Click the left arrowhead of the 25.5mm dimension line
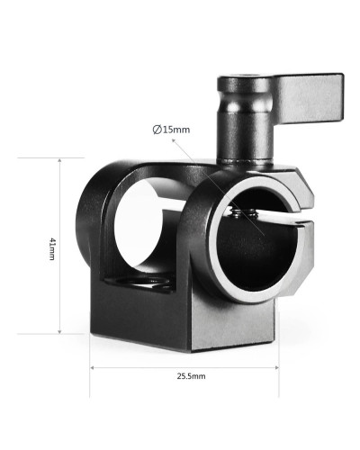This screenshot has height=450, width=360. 93,368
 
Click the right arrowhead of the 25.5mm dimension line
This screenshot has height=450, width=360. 274,368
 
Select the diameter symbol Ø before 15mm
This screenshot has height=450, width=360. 157,130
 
